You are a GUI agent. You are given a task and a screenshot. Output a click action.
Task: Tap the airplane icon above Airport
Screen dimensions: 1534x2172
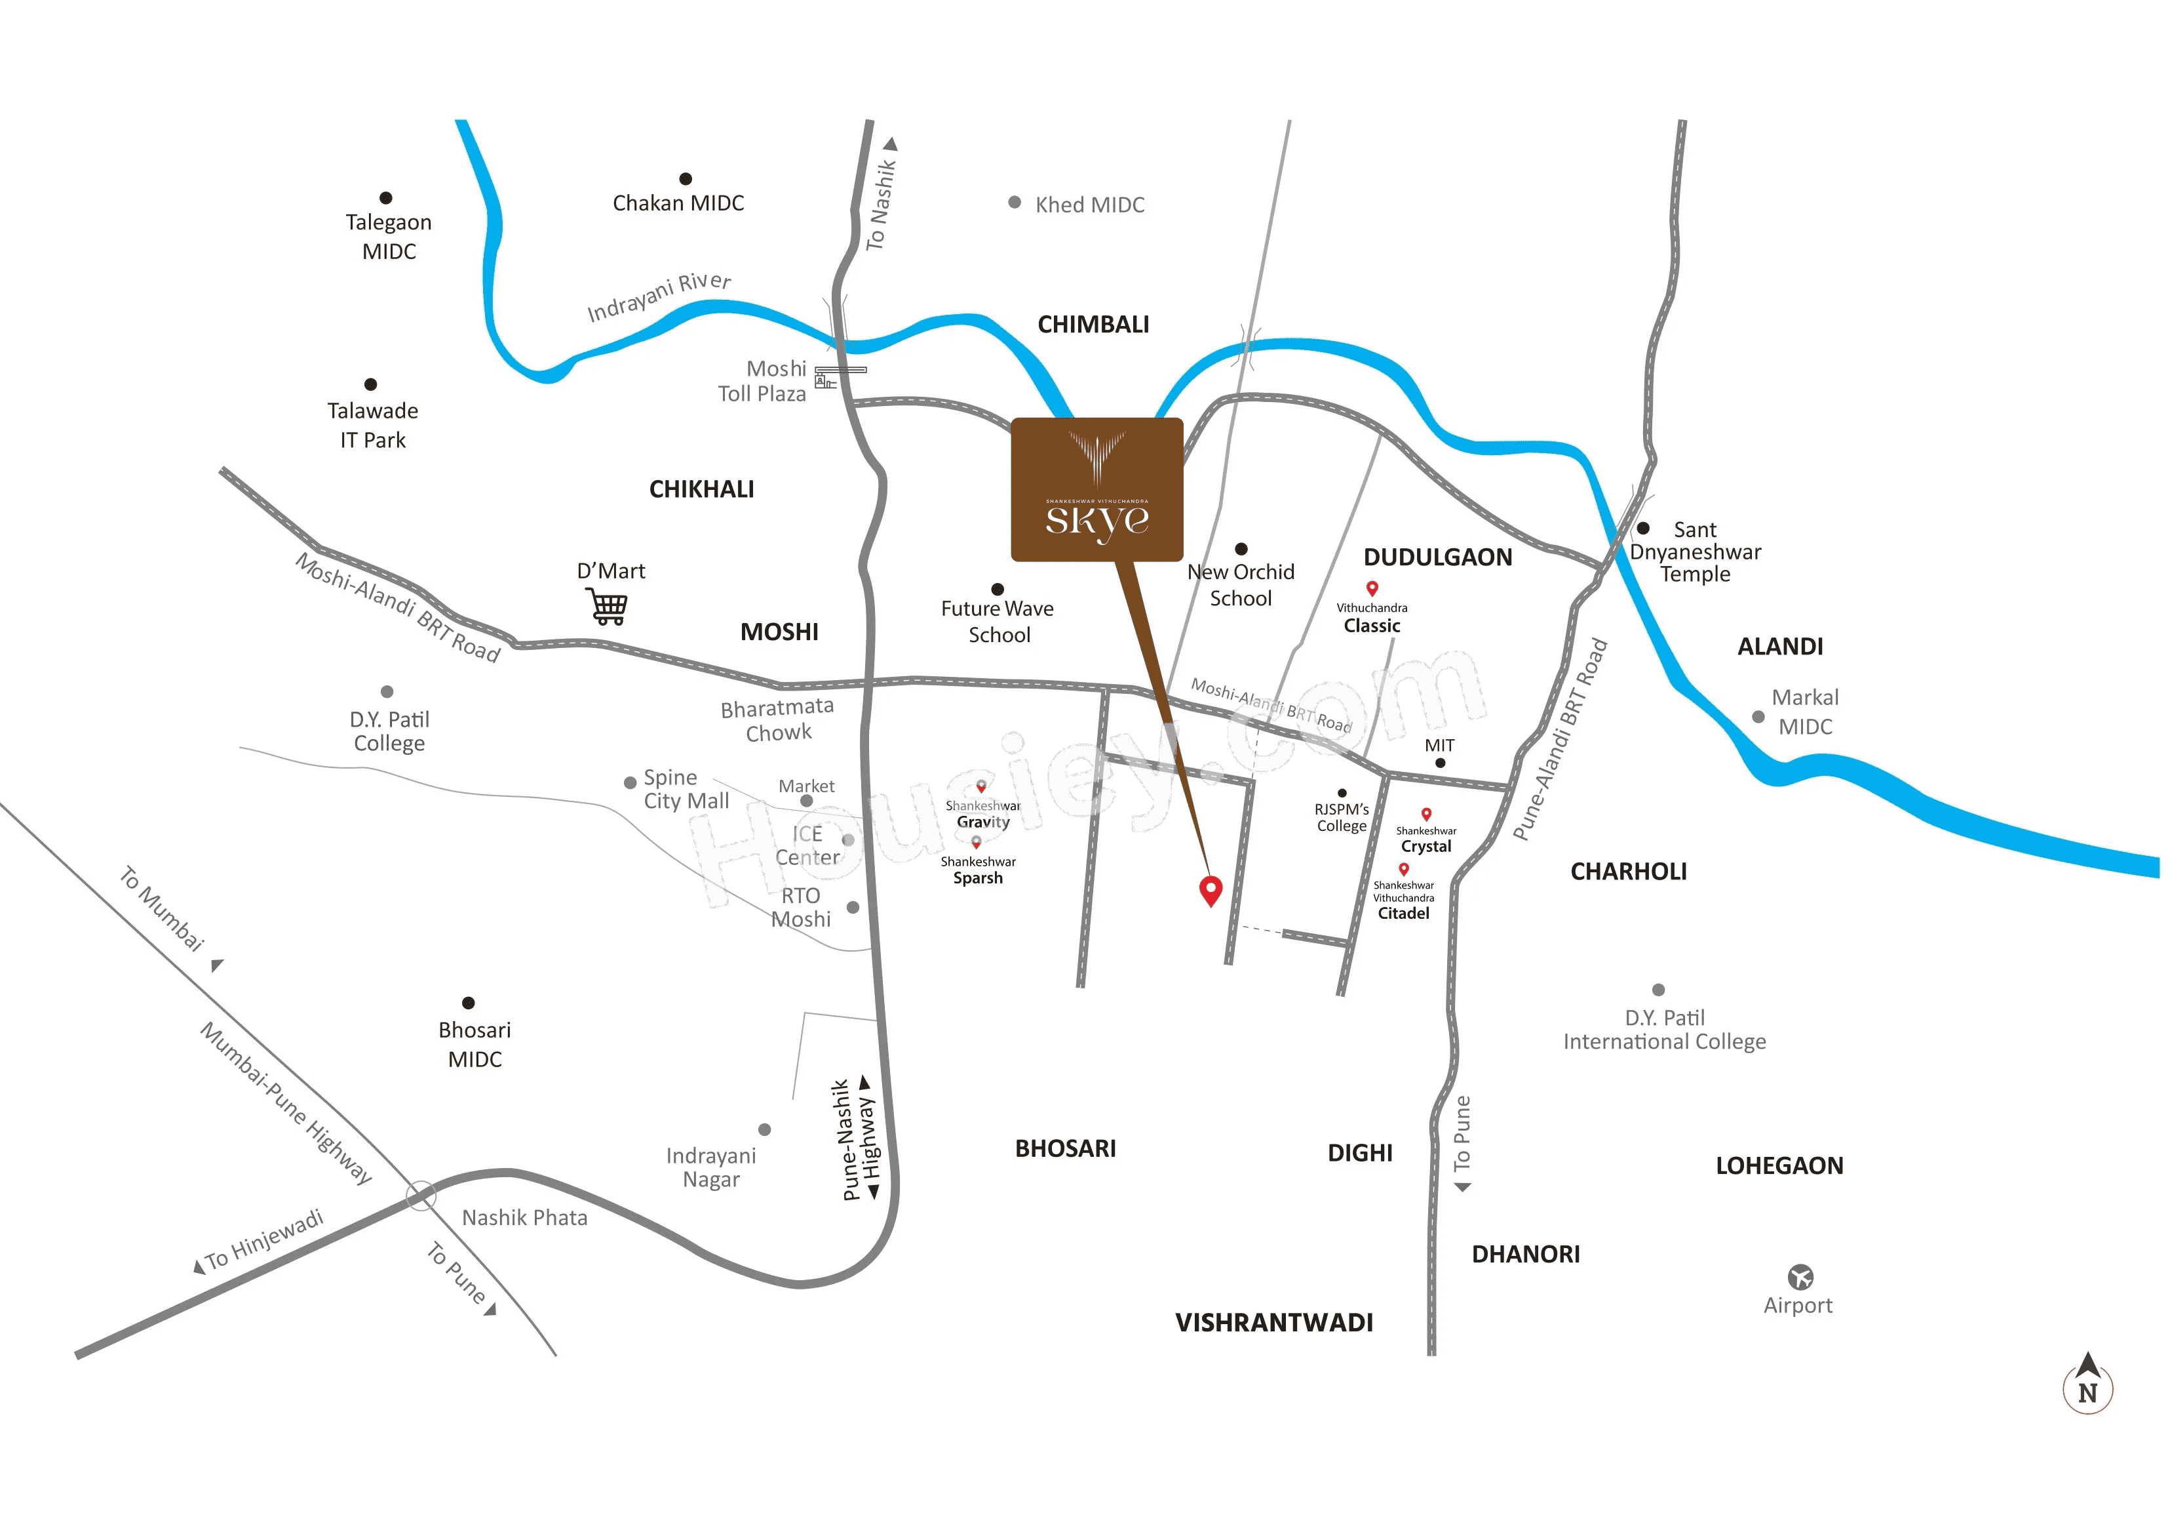click(1800, 1277)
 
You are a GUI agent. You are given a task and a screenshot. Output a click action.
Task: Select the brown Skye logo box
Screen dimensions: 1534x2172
click(1096, 489)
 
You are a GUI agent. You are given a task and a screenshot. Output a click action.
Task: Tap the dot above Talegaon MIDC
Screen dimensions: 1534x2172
click(386, 198)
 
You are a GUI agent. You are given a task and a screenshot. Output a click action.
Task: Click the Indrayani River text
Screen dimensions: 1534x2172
click(659, 297)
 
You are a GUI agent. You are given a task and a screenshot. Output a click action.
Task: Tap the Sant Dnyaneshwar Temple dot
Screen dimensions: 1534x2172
click(1643, 528)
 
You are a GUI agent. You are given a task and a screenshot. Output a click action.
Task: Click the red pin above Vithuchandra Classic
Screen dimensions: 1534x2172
click(1372, 588)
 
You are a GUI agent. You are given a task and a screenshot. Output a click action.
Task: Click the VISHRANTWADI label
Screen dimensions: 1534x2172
click(1273, 1322)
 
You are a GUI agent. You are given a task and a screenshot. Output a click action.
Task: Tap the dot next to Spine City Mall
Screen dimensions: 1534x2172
click(630, 782)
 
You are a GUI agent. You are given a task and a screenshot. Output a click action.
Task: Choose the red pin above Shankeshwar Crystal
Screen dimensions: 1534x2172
click(1425, 814)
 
